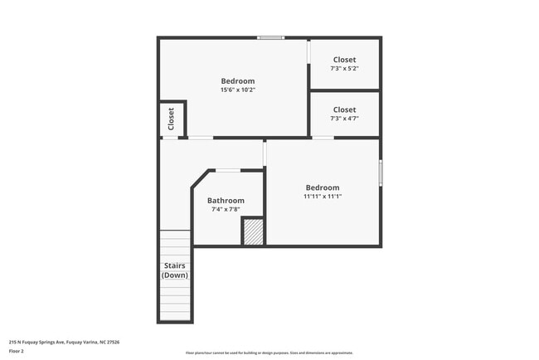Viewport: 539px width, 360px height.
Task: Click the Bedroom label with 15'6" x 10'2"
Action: pos(237,80)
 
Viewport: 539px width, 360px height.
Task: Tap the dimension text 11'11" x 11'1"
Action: pos(322,197)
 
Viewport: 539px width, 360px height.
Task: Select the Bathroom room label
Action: pos(226,201)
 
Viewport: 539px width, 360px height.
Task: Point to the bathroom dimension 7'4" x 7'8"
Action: pos(226,210)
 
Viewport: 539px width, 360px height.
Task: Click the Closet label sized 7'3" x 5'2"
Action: pos(344,60)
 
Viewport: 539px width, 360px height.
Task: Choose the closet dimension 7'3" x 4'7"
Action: pos(344,119)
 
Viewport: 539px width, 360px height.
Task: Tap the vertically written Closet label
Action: pos(172,119)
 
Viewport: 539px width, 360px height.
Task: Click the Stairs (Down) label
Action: pos(174,270)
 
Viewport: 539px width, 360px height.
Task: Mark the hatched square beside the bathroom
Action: pos(253,232)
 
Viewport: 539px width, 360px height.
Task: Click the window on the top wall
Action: pos(270,37)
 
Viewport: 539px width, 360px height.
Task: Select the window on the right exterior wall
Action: pos(381,173)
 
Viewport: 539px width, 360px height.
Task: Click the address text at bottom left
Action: pos(64,341)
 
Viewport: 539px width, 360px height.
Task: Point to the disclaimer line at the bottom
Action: pos(269,353)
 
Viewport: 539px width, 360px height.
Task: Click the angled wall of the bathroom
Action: pos(198,178)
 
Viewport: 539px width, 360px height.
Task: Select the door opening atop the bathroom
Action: pos(228,170)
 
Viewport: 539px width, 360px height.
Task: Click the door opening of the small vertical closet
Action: pos(170,138)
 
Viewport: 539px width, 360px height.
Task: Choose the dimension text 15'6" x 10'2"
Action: pos(237,90)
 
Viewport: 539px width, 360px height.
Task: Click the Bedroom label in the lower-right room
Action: pos(322,187)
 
